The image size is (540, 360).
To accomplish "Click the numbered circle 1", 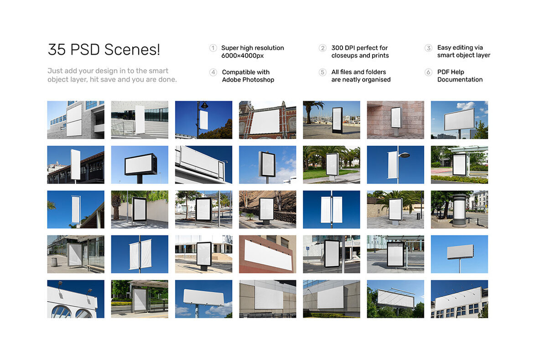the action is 213,48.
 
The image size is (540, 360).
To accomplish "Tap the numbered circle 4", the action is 213,72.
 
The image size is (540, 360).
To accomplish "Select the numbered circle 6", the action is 428,72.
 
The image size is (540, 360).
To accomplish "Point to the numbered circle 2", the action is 322,48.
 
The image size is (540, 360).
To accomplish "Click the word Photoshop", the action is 258,80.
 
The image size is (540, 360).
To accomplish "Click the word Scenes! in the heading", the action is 132,50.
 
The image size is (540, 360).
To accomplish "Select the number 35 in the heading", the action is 57,50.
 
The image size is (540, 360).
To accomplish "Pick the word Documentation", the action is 460,79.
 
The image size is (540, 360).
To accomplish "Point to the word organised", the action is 376,80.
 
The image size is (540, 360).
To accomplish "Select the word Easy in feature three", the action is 444,48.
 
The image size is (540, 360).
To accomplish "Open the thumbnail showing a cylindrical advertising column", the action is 459,209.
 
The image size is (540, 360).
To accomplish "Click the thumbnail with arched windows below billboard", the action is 76,299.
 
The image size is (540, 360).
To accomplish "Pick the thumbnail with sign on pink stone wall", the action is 395,120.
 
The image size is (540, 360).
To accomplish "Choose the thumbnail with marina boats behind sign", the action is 331,120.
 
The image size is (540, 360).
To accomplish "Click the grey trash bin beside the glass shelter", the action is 54,262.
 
